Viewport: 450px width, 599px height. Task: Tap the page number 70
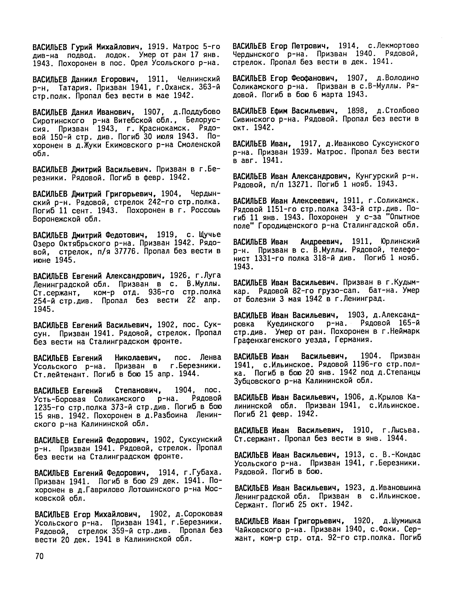click(39, 556)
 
